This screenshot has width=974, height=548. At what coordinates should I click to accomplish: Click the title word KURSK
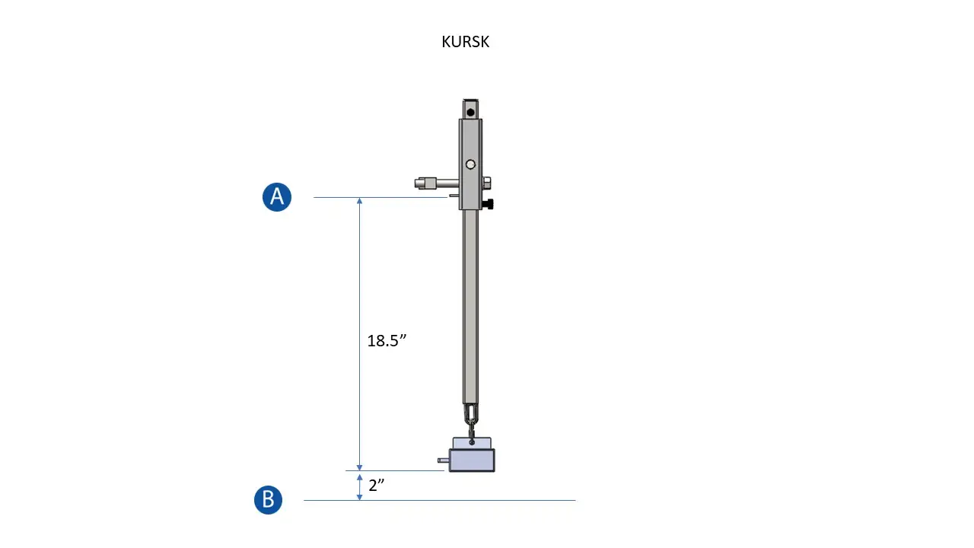click(465, 42)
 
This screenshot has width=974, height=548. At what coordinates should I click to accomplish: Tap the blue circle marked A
click(277, 197)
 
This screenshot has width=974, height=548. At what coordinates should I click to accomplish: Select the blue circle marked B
click(268, 500)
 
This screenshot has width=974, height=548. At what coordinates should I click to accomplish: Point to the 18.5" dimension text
click(387, 340)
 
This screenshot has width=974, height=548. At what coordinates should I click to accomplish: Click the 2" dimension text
click(377, 486)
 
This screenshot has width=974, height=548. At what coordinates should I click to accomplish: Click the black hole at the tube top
click(470, 113)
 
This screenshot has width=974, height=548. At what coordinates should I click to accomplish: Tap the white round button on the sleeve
click(470, 164)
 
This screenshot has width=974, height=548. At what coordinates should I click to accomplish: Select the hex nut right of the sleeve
click(486, 183)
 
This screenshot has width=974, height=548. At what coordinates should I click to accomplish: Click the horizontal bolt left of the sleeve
click(437, 183)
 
